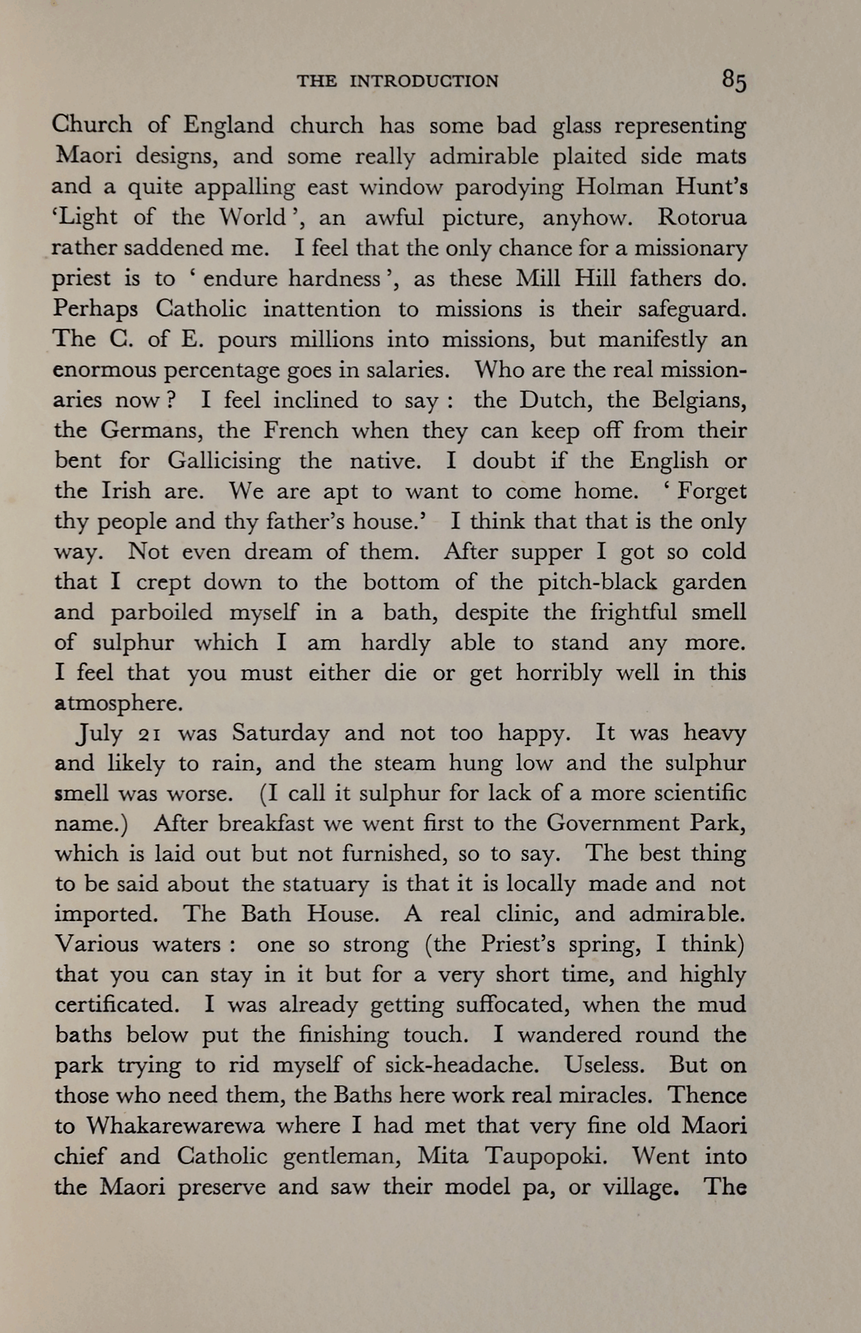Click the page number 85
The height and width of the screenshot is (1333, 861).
pos(734,81)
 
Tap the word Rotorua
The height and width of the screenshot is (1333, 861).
pos(702,218)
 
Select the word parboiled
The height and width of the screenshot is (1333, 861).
pos(161,612)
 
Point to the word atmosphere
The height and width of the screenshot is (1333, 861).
pos(119,703)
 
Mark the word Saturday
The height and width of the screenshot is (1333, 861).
pos(280,733)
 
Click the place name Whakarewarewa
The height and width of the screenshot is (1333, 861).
pos(175,1126)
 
